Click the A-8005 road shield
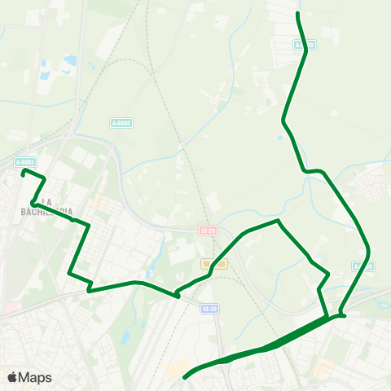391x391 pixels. pos(121,123)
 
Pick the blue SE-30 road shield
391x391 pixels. pos(210,309)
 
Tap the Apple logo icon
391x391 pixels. pos(12,377)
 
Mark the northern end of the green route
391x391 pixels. pos(297,13)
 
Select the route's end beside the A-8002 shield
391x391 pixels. pos(22,171)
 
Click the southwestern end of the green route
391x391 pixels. pos(186,377)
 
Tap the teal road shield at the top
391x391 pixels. pos(305,45)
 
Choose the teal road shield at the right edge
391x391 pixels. pos(363,266)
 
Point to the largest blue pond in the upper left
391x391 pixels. pos(69,61)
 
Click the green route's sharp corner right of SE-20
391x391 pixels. pos(279,220)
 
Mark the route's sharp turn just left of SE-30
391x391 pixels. pos(178,297)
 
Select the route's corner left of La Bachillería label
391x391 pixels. pos(32,201)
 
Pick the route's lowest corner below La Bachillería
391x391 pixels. pos(89,289)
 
